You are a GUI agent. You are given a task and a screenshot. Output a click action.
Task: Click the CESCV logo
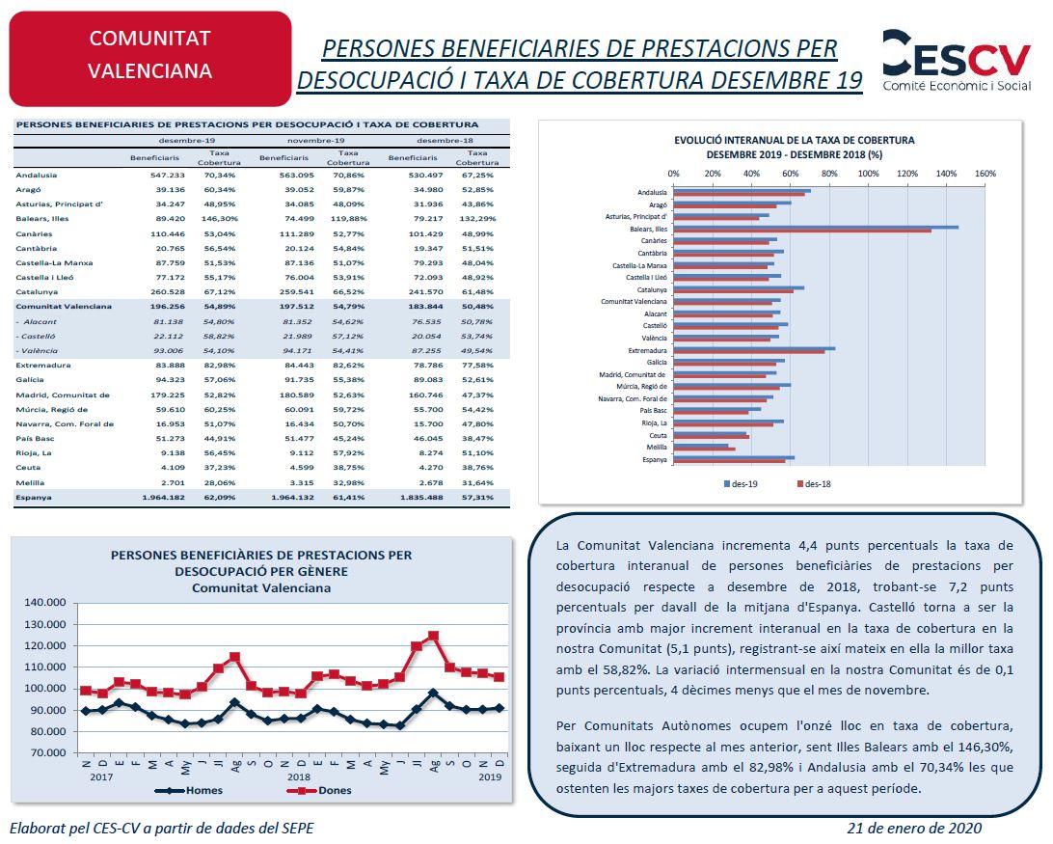(957, 60)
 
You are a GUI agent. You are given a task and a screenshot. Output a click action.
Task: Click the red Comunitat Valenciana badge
(150, 59)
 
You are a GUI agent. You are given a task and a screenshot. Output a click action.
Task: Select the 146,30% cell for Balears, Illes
(220, 218)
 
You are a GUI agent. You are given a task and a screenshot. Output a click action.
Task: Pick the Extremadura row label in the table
(43, 365)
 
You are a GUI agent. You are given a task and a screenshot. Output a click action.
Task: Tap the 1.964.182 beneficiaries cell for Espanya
(163, 498)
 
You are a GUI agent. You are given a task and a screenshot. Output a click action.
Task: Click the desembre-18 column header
(445, 141)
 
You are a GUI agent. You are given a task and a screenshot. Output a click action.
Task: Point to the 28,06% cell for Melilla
(220, 482)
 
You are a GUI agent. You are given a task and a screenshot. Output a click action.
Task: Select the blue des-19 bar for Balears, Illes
(816, 227)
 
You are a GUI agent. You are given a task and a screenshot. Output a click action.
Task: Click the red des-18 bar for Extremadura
(749, 352)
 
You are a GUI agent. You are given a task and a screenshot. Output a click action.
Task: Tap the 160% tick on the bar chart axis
(985, 174)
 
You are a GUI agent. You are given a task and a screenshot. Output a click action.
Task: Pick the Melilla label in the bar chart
(657, 447)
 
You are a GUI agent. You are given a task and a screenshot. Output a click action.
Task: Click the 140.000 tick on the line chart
(45, 602)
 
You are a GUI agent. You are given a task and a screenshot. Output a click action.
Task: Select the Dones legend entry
(319, 790)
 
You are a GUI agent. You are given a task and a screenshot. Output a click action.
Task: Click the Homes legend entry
(189, 790)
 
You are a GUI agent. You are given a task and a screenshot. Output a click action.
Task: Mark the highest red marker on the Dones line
(433, 636)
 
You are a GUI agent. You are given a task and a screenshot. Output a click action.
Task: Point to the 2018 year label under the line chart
(299, 776)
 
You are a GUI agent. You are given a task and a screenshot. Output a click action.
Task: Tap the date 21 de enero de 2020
(914, 828)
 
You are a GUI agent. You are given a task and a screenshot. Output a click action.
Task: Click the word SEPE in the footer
(296, 828)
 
